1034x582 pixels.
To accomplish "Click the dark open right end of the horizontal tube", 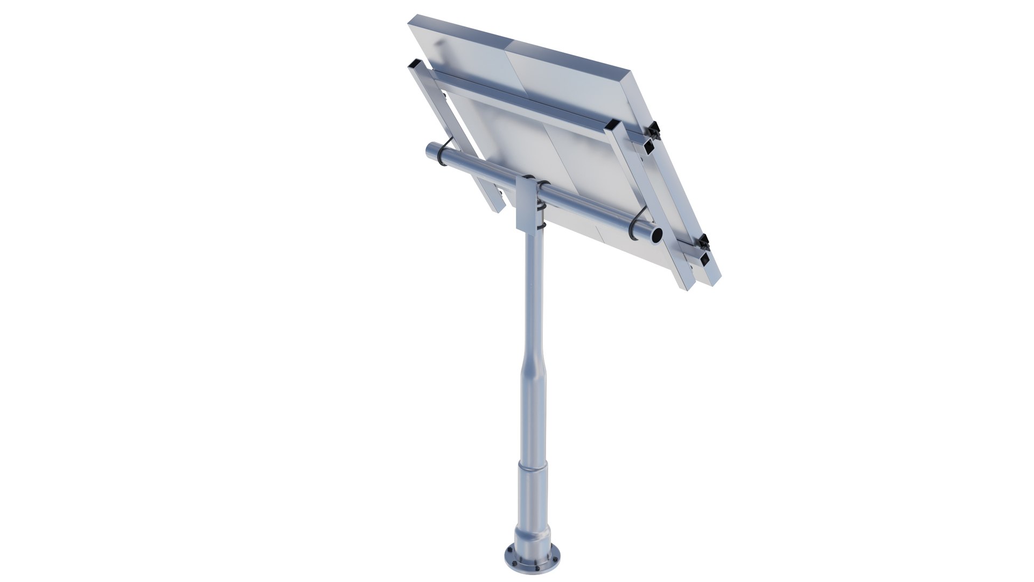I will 656,235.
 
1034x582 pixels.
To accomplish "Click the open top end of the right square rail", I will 613,127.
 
